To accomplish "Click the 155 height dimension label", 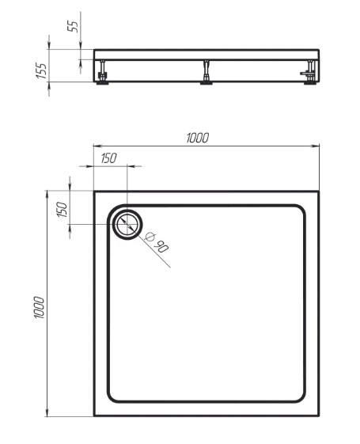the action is point(41,70).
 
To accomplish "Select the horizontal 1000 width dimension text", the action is point(198,138).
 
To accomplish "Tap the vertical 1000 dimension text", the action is point(39,308).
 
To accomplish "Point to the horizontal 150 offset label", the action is point(108,158).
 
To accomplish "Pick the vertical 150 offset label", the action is point(62,210).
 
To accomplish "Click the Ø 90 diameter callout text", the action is point(157,242).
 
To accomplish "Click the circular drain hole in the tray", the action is point(127,224).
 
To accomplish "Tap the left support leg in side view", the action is point(102,72).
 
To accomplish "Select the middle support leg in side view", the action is point(207,72).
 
